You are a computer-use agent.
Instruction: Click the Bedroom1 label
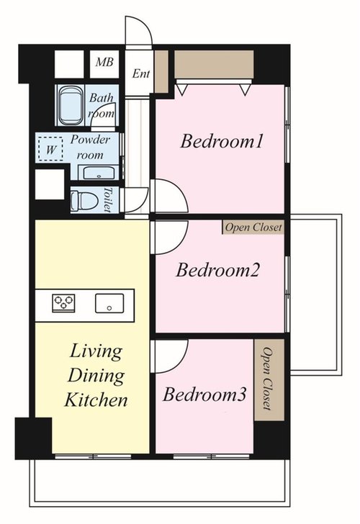(x=222, y=141)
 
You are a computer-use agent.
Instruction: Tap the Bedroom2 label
(x=217, y=271)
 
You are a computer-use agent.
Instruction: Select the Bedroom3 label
(x=204, y=394)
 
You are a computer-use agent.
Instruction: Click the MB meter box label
(x=104, y=62)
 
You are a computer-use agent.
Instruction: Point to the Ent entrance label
(x=140, y=73)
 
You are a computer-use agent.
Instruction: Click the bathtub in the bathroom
(x=70, y=105)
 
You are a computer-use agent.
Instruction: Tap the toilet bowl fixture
(x=84, y=202)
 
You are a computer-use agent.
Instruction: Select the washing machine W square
(x=50, y=149)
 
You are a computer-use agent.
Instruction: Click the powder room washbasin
(x=98, y=173)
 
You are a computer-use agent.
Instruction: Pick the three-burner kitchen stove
(x=63, y=303)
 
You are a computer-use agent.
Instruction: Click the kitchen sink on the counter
(x=109, y=304)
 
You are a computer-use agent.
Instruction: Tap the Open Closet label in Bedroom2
(x=253, y=227)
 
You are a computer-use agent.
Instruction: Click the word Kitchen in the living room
(x=96, y=400)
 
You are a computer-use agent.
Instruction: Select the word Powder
(x=90, y=140)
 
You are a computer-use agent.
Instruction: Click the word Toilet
(x=107, y=199)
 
